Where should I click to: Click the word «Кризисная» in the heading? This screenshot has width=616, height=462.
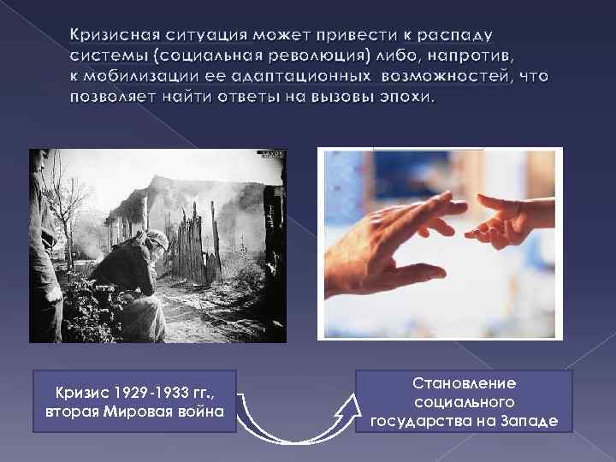tap(113, 36)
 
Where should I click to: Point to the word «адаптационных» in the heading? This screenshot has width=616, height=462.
tap(301, 77)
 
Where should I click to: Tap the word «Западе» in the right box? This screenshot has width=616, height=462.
tap(528, 420)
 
